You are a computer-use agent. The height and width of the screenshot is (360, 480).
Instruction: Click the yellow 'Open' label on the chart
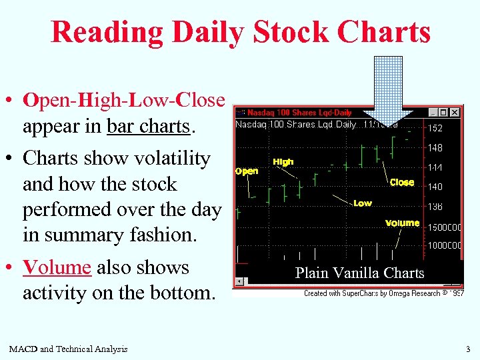coord(247,171)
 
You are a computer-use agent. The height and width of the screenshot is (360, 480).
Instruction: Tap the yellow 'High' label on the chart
coord(283,162)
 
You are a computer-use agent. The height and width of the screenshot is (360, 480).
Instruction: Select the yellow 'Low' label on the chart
coord(363,203)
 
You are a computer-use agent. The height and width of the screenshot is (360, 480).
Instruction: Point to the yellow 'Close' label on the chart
coord(402,182)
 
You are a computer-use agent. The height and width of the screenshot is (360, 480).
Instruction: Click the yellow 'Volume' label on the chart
coord(402,223)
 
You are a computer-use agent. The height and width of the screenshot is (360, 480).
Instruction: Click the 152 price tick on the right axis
coord(435,128)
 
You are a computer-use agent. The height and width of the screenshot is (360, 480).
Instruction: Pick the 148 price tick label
coord(435,148)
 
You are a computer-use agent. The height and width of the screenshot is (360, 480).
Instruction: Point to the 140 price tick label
coord(435,187)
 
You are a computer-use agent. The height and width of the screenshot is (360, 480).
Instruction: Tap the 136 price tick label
coord(435,207)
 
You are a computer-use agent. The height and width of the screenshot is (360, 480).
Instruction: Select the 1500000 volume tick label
coord(444,227)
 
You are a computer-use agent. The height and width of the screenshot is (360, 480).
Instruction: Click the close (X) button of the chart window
coord(455,113)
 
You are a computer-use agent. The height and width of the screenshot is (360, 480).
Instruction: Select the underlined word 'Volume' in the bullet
coord(57,268)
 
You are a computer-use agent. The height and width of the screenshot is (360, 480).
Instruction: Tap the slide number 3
coord(467,349)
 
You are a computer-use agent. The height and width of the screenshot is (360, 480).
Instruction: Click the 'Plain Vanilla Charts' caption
coord(359,273)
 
